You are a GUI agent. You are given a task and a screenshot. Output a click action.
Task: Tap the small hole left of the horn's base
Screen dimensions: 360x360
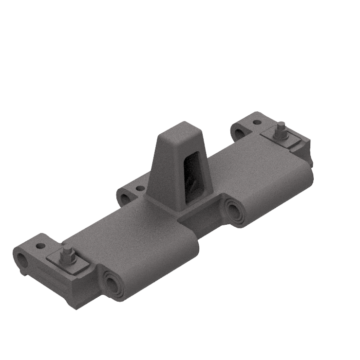click(x=140, y=188)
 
